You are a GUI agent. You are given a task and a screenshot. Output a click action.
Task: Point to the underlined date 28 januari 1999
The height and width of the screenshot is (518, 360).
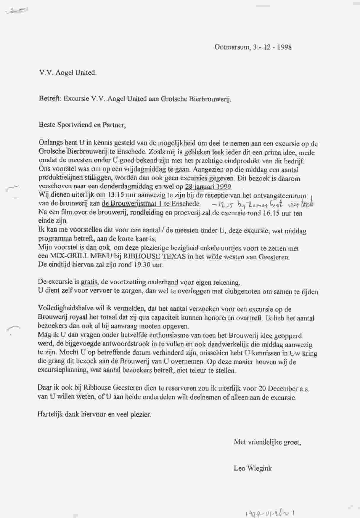click(x=208, y=187)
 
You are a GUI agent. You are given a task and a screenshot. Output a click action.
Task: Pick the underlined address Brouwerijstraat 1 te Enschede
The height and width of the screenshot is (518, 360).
click(x=151, y=204)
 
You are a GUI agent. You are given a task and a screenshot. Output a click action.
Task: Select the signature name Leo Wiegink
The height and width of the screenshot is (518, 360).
click(x=253, y=468)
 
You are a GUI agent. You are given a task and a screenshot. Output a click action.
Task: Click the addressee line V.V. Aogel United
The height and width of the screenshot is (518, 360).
click(x=68, y=73)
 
